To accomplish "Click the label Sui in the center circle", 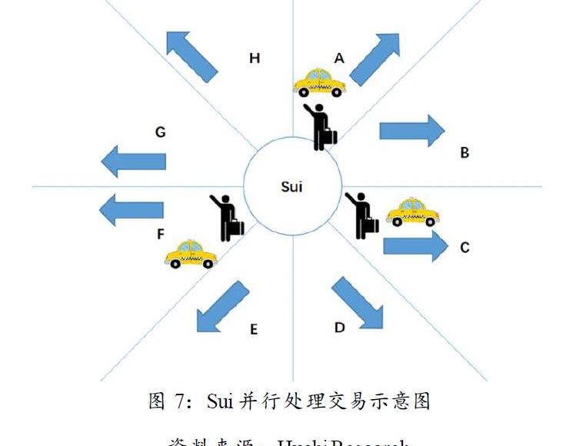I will point(291,187).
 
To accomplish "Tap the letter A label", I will point(339,58).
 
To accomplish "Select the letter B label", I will point(464,153).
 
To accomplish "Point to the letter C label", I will point(464,248).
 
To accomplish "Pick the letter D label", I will point(339,328).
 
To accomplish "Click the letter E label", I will point(253,330).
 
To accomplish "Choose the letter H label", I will point(254,58).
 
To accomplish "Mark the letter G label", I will point(160,132).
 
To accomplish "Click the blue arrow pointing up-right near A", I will point(375,58).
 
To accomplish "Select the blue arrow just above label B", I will point(411,130).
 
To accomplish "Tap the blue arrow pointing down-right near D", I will point(358,303).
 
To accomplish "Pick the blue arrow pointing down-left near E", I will point(222,306).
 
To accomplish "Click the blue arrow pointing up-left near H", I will point(191,55).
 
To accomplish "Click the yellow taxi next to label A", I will point(319,82).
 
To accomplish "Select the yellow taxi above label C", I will point(415,211).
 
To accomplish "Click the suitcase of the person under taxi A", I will point(329,137).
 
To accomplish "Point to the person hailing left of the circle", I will point(226,215).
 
